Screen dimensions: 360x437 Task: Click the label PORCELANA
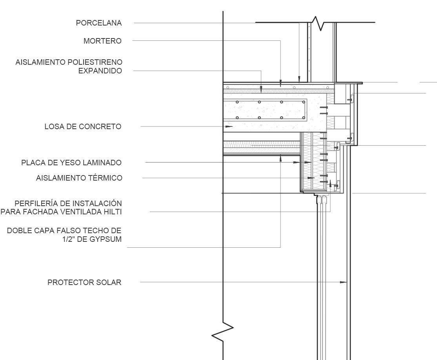[99, 23]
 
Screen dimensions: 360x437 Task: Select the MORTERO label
[102, 41]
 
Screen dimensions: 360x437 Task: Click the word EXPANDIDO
[100, 71]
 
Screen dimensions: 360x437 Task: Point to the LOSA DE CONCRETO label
[83, 126]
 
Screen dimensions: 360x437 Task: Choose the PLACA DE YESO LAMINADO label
[71, 163]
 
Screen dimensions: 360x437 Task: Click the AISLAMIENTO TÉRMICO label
[79, 178]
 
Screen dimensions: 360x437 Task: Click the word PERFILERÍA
[33, 203]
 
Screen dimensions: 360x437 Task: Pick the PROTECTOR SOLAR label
[84, 282]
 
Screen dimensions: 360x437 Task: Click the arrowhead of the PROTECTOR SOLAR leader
[344, 282]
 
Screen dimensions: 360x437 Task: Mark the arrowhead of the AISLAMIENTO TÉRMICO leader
[312, 178]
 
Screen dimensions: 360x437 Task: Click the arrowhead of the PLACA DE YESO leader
[308, 162]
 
